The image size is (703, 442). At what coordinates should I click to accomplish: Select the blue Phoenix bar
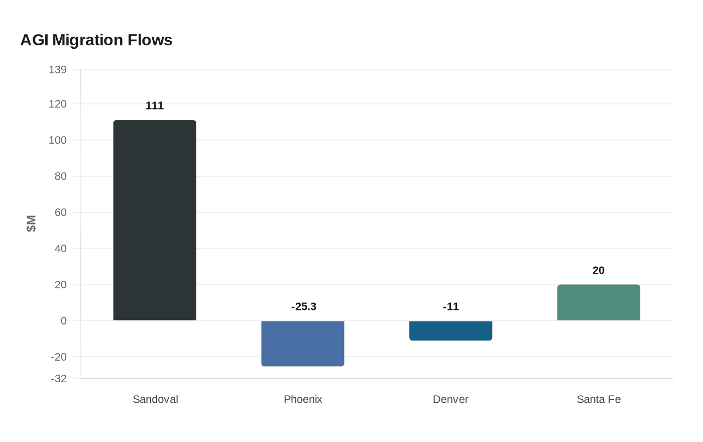[303, 344]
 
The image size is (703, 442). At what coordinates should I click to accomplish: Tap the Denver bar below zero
[450, 330]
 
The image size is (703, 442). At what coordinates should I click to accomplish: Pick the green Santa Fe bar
[599, 302]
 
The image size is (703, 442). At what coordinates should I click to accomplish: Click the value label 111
[155, 105]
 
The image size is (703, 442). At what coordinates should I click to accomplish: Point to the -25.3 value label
[304, 306]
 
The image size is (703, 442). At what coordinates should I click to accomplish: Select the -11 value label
[451, 306]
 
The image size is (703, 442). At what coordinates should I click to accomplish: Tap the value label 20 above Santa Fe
[599, 270]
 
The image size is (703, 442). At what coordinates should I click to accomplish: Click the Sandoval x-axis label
[155, 399]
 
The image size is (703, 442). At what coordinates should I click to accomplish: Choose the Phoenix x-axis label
[303, 399]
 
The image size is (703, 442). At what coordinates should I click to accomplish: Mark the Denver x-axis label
[450, 399]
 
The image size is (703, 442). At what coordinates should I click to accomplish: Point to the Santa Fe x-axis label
[599, 399]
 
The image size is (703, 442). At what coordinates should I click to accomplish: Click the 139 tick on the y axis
[58, 70]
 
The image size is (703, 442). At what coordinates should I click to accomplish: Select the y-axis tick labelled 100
[58, 140]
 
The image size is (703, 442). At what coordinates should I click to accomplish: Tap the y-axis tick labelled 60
[60, 212]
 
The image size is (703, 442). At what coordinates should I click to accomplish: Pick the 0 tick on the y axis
[63, 321]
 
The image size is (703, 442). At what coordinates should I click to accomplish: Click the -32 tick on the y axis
[59, 379]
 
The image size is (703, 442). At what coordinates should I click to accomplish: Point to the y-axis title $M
[31, 224]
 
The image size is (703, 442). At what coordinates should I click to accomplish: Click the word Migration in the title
[88, 40]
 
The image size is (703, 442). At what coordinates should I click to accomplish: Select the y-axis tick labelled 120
[58, 104]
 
